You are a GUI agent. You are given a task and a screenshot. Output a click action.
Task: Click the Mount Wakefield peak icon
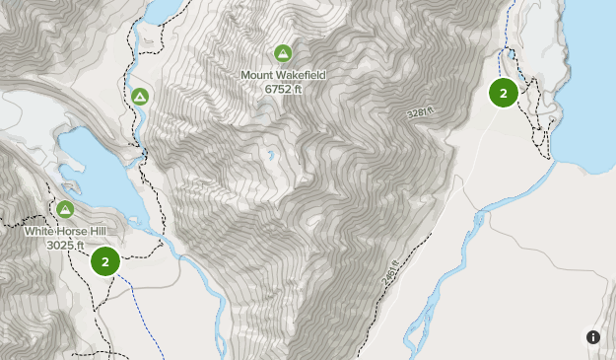(283, 52)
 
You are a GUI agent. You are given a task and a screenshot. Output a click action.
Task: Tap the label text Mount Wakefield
(282, 74)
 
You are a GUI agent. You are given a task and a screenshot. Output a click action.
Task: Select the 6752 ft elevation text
(282, 89)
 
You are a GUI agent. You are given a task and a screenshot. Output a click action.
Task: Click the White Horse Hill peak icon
(65, 209)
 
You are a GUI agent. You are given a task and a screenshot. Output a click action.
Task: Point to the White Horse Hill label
(65, 232)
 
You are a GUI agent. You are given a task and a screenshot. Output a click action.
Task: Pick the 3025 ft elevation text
(65, 245)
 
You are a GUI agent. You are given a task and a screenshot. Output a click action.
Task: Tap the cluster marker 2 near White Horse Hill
(104, 261)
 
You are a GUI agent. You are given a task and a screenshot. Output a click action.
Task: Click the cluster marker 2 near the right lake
(504, 93)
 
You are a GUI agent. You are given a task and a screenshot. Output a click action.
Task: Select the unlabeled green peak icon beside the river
(140, 96)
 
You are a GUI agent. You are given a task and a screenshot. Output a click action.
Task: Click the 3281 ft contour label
(420, 115)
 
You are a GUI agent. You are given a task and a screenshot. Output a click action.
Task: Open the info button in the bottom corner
(593, 337)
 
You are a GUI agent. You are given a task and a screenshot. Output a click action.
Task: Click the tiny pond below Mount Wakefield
(269, 155)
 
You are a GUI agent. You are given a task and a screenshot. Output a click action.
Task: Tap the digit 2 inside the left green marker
(104, 261)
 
